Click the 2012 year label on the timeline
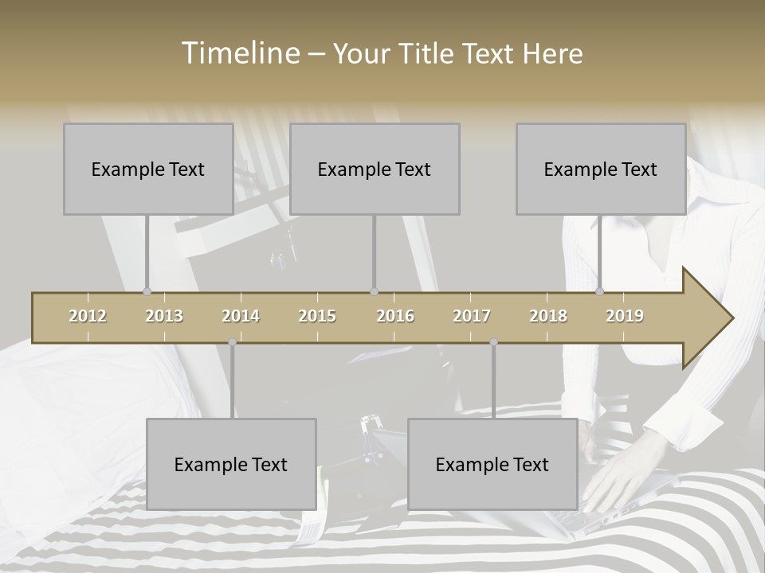(x=88, y=316)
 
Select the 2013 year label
(x=164, y=316)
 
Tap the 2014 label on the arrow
(x=241, y=316)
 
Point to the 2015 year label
(x=317, y=316)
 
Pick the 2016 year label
(x=395, y=316)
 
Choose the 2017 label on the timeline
(x=472, y=316)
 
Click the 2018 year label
(x=548, y=316)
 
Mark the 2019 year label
(x=625, y=316)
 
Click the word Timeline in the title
(x=239, y=53)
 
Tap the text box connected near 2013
(x=148, y=169)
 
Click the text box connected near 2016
(x=375, y=169)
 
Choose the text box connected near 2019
(x=601, y=169)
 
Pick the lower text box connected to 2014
(x=231, y=464)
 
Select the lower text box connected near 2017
(x=492, y=464)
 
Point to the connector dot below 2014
(x=232, y=342)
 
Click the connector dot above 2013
(x=147, y=291)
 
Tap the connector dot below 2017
(x=493, y=342)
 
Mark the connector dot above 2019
(x=599, y=291)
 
